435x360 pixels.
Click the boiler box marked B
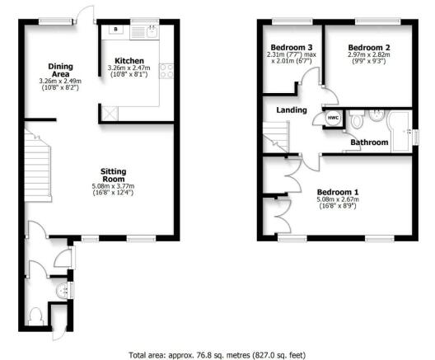point(116,29)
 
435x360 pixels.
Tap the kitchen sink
point(144,32)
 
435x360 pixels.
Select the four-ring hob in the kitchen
point(166,71)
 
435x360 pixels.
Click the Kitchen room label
point(129,61)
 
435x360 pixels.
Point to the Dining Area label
point(60,70)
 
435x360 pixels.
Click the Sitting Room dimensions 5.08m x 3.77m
point(113,186)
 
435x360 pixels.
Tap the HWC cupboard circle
point(333,118)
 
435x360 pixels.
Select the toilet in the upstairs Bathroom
point(357,119)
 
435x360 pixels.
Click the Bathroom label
point(369,143)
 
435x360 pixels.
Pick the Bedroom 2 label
point(369,48)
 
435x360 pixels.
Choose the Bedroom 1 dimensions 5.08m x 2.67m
point(338,199)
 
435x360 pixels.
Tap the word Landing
point(292,110)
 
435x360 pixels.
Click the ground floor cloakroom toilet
point(35,316)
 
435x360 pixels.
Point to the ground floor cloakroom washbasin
point(62,291)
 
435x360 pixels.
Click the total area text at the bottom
point(217,355)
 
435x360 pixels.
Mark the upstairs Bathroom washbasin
point(377,115)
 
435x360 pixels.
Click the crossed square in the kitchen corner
point(110,114)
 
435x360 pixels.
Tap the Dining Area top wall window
point(55,21)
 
